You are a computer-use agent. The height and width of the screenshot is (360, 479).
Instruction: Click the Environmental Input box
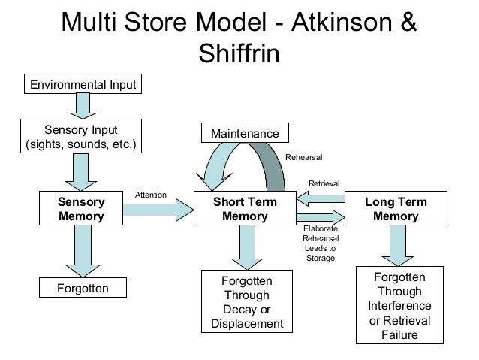[83, 84]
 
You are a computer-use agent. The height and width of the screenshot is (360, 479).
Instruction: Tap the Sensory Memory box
[81, 209]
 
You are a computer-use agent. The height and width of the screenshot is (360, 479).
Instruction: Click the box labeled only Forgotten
[83, 288]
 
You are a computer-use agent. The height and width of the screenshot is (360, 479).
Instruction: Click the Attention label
[150, 195]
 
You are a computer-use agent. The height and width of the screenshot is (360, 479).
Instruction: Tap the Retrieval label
[324, 183]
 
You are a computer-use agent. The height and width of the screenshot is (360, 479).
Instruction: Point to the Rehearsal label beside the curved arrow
[303, 157]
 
